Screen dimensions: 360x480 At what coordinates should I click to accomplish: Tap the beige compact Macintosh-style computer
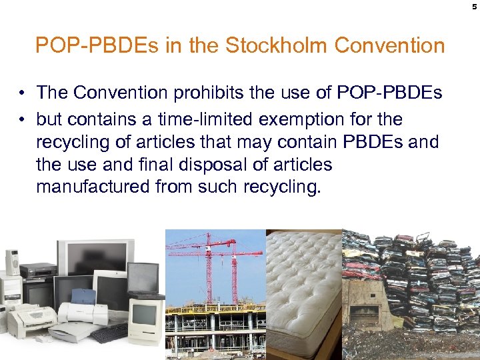coord(146,319)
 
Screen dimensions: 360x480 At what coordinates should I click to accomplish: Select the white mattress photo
coord(303,293)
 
